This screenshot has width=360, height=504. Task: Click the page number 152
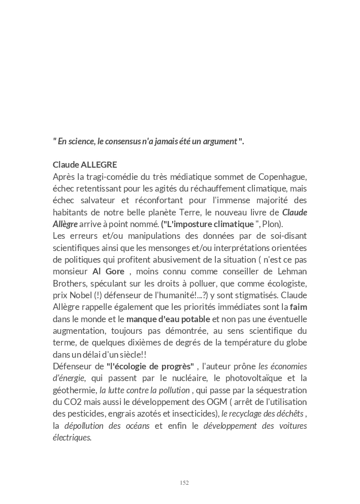pos(184,483)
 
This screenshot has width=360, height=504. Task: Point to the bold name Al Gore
pos(108,271)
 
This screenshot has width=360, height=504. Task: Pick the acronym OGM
pos(218,402)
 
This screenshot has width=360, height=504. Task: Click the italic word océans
pos(136,426)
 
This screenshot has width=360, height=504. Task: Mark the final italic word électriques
pos(72,437)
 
